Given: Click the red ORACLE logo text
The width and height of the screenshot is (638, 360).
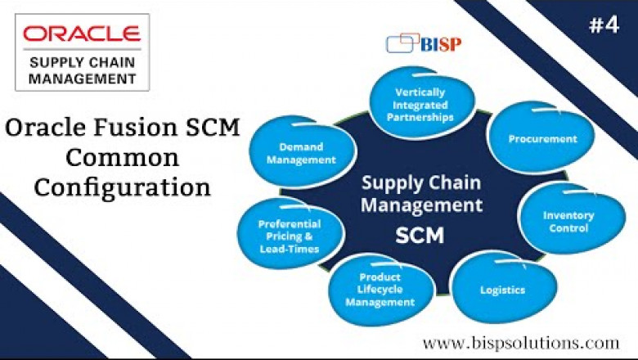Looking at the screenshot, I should click(x=82, y=34).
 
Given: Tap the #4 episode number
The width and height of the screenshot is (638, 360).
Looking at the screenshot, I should click(x=604, y=25).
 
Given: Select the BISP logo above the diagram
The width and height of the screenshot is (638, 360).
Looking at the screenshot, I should click(x=425, y=42).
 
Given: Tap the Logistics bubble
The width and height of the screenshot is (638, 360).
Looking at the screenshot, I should click(x=502, y=290).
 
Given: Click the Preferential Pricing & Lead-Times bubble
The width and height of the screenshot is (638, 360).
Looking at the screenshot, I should click(x=288, y=236).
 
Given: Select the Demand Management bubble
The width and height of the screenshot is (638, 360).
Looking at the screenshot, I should click(x=301, y=153).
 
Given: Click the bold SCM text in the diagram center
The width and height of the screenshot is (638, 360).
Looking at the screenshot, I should click(x=419, y=236).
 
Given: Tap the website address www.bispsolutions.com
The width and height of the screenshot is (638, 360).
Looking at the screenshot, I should click(x=520, y=342).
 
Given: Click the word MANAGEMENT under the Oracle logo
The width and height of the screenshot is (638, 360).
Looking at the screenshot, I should click(x=82, y=79).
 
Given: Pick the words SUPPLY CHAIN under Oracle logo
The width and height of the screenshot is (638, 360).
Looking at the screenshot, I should click(x=82, y=62).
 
